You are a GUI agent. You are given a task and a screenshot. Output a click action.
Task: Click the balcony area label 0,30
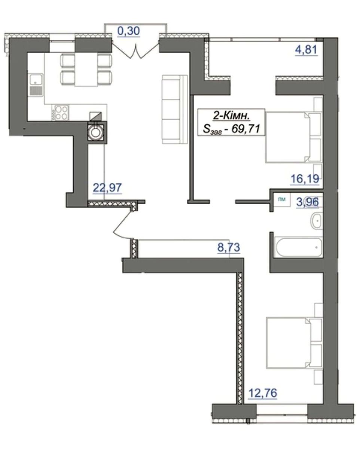(x=129, y=31)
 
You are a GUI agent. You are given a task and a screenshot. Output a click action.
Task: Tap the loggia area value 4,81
(x=306, y=49)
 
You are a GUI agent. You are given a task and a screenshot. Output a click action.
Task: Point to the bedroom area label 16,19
(x=305, y=179)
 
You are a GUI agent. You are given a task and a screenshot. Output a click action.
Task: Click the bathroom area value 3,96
(x=308, y=202)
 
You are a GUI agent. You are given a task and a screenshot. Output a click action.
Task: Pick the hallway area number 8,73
(x=229, y=247)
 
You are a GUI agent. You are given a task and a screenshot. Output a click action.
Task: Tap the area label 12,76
(x=263, y=393)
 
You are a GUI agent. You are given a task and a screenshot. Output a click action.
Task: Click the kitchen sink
(x=36, y=85)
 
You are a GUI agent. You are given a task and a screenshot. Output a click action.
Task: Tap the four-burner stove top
(x=60, y=113)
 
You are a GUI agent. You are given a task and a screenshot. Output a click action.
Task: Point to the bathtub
(x=298, y=247)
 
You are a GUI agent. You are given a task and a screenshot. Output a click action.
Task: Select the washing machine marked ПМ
(x=282, y=199)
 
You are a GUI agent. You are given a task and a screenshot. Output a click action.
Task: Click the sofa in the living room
(x=175, y=109)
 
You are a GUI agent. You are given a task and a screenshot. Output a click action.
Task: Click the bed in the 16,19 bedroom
(x=294, y=137)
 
